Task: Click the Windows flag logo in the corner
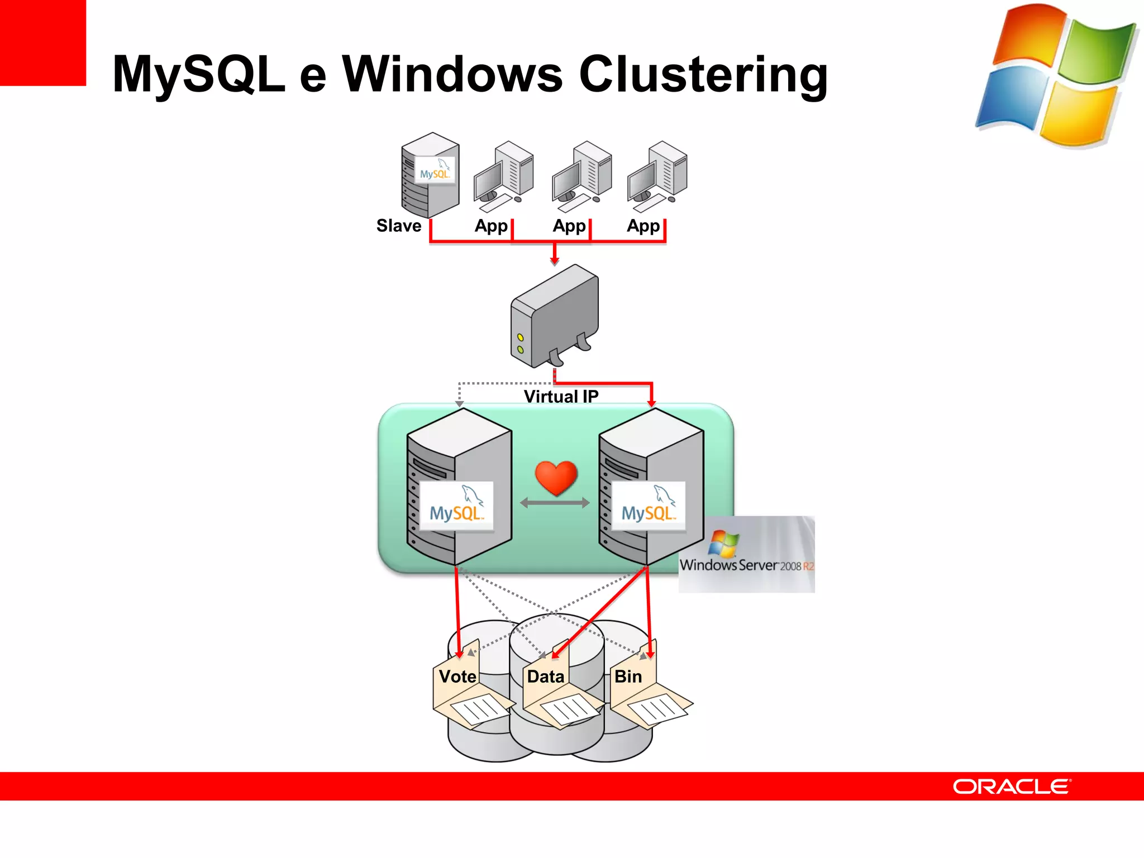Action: [1056, 75]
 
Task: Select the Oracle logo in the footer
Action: [1012, 786]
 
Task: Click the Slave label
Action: [398, 226]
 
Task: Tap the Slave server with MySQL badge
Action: [430, 175]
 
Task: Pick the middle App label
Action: [569, 226]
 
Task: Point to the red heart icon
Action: [556, 478]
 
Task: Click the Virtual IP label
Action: [561, 396]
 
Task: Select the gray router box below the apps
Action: [555, 316]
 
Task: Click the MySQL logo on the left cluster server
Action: [456, 506]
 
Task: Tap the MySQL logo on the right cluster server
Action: [648, 506]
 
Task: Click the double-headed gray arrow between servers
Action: [555, 503]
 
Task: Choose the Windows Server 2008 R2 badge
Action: [747, 554]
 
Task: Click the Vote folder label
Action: [457, 676]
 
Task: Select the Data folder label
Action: [545, 676]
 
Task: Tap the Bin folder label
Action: [628, 676]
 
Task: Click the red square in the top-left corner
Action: [42, 42]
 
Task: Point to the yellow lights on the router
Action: [520, 344]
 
